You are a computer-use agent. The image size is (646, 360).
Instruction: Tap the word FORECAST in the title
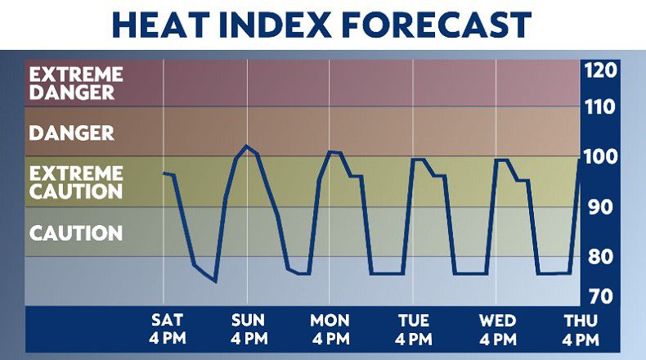tap(437, 25)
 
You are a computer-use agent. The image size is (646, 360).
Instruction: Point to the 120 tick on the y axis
tap(601, 70)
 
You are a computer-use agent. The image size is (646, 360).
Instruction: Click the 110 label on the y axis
tap(600, 107)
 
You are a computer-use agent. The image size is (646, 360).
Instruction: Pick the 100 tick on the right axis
tap(601, 157)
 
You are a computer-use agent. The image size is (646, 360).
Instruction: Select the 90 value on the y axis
tap(601, 207)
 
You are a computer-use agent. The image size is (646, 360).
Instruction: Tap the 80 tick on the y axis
tap(601, 257)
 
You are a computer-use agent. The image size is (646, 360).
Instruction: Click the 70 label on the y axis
tap(601, 297)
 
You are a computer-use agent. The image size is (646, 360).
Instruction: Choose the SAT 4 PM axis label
tap(168, 330)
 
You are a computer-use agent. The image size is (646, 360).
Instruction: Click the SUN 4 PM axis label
tap(249, 330)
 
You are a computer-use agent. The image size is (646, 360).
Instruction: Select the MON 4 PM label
tap(330, 330)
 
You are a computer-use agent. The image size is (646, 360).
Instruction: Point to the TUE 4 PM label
tap(414, 330)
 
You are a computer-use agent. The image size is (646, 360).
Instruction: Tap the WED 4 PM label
tap(498, 330)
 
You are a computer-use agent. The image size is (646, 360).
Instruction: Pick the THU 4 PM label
tap(581, 330)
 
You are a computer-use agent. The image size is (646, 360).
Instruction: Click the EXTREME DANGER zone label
tap(76, 83)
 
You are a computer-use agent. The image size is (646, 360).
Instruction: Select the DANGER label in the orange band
tap(72, 133)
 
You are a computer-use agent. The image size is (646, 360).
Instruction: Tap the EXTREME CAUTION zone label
tap(76, 182)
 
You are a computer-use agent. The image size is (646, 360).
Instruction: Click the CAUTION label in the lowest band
tap(76, 233)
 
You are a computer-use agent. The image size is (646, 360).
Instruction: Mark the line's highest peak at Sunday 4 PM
tap(247, 146)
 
